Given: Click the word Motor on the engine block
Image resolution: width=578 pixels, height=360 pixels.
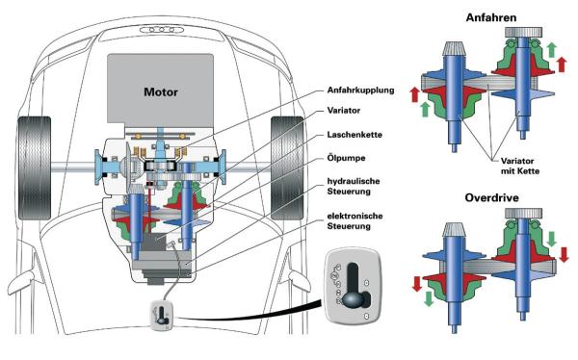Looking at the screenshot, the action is tap(161, 91).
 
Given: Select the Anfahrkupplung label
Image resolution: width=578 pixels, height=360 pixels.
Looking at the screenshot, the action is tap(360, 90).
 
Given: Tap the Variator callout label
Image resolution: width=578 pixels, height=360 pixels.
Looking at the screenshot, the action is tap(344, 110).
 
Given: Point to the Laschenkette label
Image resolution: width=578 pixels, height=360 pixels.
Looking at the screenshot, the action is tap(355, 135).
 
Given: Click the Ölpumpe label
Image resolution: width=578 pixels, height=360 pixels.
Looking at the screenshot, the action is tap(346, 158).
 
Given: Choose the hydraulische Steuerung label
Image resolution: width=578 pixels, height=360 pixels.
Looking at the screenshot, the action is tap(354, 186).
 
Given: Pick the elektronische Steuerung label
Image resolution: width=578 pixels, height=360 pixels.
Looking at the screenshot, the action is tap(355, 220).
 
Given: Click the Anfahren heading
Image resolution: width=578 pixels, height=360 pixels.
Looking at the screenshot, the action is tap(491, 17).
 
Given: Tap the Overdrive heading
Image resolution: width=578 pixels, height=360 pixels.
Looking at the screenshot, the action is tap(491, 198).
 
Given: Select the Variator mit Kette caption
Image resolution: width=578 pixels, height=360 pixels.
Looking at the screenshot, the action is tap(520, 166).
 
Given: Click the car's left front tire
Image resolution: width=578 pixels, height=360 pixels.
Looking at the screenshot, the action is tap(35, 168).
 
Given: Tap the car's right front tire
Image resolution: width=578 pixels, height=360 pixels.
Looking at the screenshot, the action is tap(287, 168).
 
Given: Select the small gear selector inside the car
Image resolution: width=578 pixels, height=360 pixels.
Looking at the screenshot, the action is tap(161, 315).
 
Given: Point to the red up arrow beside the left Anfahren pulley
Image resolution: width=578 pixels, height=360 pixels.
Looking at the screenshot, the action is tap(414, 94).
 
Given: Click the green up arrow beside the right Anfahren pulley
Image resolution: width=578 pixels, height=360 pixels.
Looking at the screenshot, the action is tap(551, 50).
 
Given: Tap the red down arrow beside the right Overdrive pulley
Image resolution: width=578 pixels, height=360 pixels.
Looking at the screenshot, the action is tap(564, 255).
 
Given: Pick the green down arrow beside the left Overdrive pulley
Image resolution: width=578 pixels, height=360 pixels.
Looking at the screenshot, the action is tap(429, 298).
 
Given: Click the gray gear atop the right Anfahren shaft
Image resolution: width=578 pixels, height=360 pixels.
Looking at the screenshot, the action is tap(523, 32).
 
